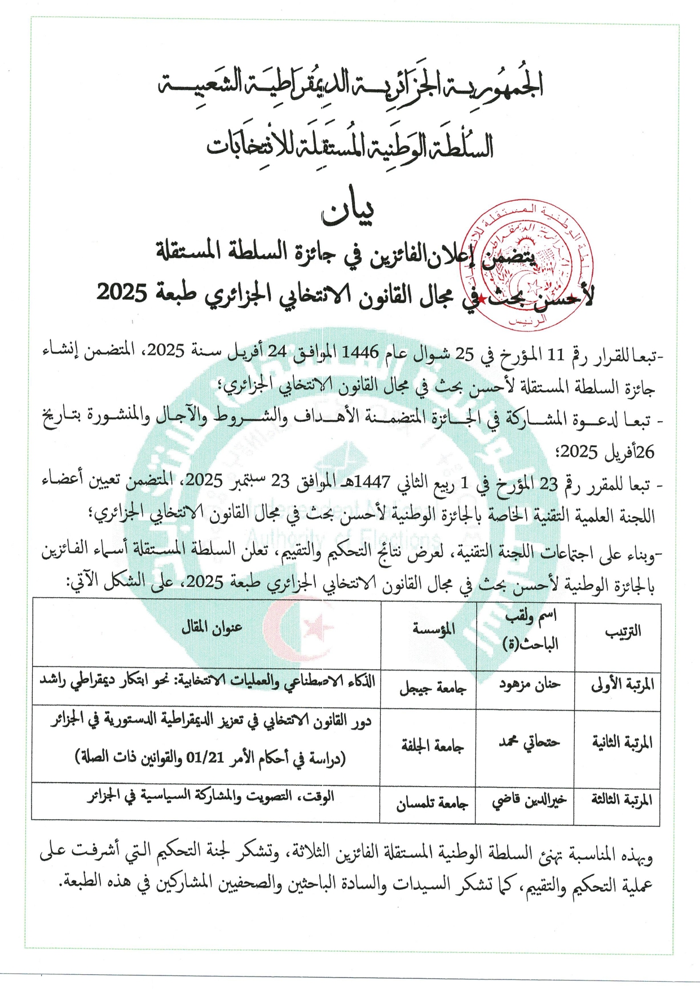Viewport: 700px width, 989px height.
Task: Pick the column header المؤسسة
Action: point(433,629)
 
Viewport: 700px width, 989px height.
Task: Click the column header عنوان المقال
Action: point(212,628)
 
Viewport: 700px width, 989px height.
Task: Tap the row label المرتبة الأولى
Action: point(622,685)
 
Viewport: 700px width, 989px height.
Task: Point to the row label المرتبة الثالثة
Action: point(622,800)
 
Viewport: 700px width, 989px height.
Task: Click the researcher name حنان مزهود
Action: point(529,685)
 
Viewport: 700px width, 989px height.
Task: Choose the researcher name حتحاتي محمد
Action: point(529,742)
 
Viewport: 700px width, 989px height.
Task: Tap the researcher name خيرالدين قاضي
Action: point(529,801)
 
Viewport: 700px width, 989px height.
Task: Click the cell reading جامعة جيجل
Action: point(433,688)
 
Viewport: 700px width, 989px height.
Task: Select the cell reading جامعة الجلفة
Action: point(433,747)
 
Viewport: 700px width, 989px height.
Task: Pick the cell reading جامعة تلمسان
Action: point(432,803)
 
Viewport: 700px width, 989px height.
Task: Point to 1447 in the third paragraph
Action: point(372,482)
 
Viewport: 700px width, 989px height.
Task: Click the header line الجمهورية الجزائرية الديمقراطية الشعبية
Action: point(350,85)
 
